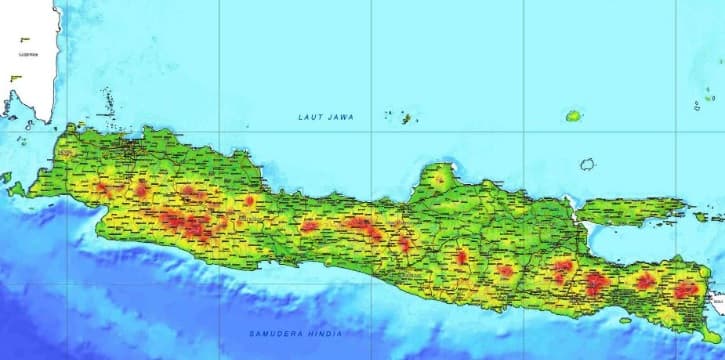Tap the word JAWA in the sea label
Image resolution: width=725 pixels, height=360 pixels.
[x=338, y=117]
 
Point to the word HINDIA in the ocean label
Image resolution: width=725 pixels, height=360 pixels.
[x=325, y=333]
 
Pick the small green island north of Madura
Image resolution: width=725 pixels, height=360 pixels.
[x=573, y=116]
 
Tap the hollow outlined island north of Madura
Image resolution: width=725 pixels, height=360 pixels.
[x=587, y=165]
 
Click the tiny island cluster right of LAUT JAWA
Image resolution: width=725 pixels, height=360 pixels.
[x=407, y=118]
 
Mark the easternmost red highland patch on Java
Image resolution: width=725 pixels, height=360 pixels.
[x=686, y=290]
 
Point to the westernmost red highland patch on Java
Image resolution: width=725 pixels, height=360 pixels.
[x=102, y=187]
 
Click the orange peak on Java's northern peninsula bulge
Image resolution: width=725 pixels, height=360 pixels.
[x=438, y=181]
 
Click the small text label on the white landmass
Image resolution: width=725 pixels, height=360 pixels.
[x=27, y=41]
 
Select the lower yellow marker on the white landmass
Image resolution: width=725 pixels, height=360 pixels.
[x=14, y=77]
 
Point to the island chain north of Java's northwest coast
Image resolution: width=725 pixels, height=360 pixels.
[x=105, y=100]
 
